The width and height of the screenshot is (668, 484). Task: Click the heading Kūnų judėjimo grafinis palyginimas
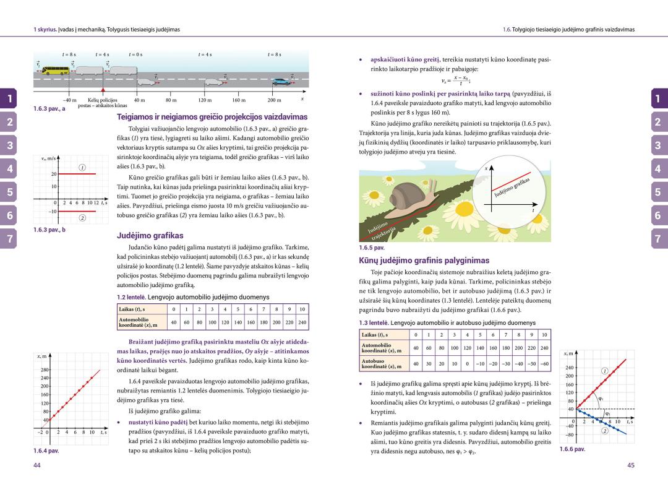click(424, 261)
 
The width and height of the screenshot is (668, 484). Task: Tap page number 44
click(37, 465)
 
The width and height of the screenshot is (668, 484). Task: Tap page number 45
click(631, 465)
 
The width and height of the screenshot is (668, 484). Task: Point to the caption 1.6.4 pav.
click(46, 451)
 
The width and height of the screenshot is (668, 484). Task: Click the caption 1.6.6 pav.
click(572, 449)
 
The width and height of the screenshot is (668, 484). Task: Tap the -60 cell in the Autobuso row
click(544, 363)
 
